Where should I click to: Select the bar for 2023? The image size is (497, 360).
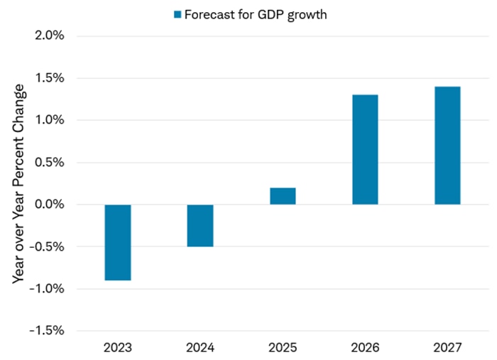(118, 242)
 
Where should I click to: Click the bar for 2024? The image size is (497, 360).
(200, 225)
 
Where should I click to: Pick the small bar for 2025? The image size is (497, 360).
(283, 196)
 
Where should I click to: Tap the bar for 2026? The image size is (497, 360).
(365, 149)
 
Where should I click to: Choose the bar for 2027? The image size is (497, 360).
(447, 146)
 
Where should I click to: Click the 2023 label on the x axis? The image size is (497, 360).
(118, 348)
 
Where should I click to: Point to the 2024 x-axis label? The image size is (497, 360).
(200, 348)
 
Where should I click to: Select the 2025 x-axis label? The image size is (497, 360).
(283, 348)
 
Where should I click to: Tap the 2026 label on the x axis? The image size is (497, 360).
(365, 348)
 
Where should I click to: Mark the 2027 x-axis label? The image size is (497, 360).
(447, 348)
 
